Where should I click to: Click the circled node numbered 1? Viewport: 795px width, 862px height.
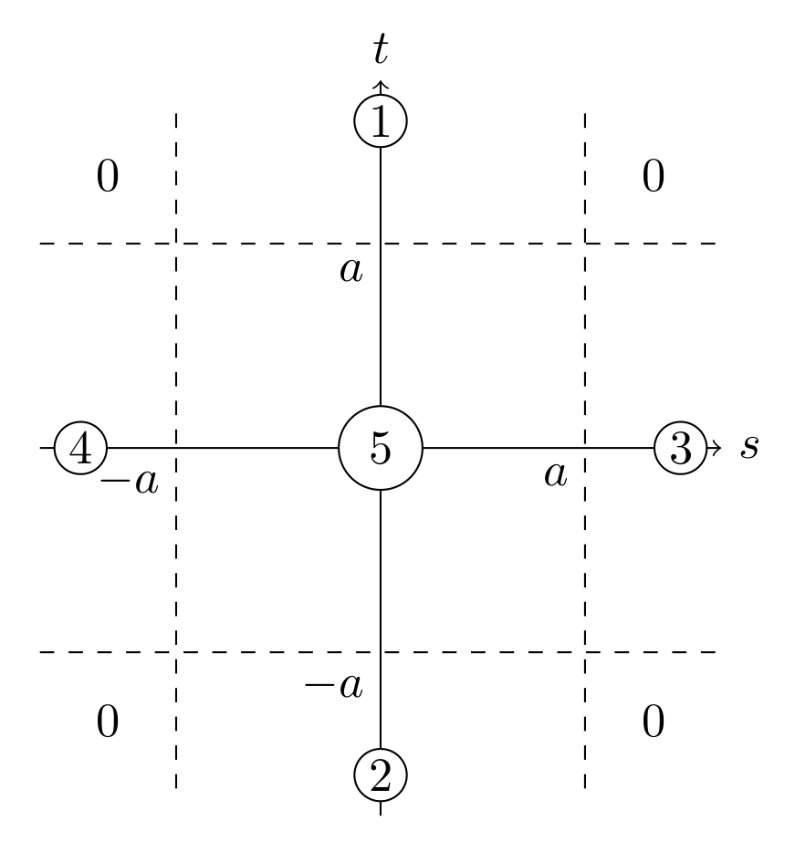point(380,120)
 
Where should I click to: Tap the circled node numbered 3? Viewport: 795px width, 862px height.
point(681,449)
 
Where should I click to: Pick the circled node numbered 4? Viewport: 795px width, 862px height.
point(81,449)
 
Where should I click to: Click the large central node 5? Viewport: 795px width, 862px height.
point(380,449)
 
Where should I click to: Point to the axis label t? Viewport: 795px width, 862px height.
point(381,51)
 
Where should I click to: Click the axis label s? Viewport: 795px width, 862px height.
point(749,448)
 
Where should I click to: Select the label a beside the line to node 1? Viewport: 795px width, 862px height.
point(350,270)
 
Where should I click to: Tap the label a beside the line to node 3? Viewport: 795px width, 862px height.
point(555,474)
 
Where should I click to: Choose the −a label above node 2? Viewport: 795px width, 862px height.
point(333,684)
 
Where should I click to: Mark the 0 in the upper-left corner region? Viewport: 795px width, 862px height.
point(108,177)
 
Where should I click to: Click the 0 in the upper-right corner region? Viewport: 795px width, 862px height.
point(653,177)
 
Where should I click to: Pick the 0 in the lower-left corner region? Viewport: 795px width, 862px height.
point(108,722)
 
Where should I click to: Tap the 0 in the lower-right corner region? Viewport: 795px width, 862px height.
point(653,722)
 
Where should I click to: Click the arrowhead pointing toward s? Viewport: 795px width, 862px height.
point(716,448)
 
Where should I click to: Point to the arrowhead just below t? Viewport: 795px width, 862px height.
point(380,87)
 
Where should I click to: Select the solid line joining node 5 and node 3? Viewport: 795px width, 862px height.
point(539,448)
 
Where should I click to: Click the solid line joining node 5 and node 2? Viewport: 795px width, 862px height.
point(380,620)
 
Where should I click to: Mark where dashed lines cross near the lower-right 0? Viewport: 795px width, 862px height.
point(584,652)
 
